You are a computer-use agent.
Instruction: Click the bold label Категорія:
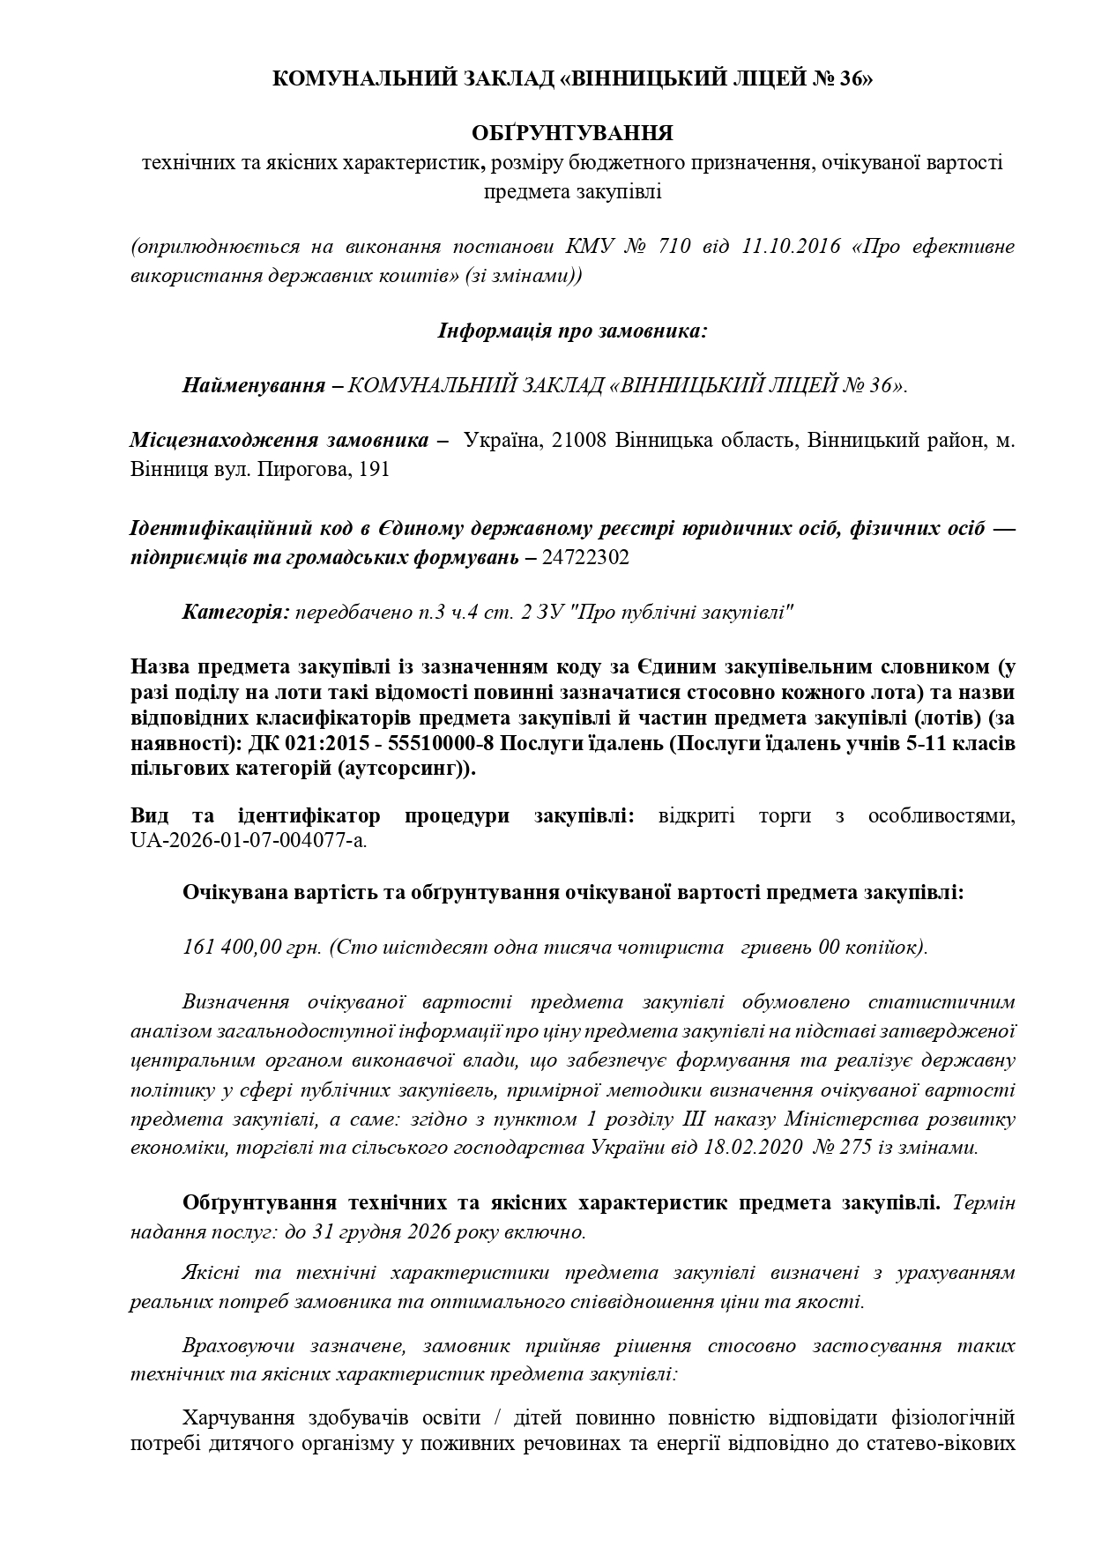[235, 611]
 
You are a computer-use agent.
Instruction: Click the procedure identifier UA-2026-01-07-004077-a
[248, 840]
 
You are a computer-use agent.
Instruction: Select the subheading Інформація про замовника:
[572, 331]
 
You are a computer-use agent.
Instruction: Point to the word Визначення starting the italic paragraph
[235, 1002]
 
